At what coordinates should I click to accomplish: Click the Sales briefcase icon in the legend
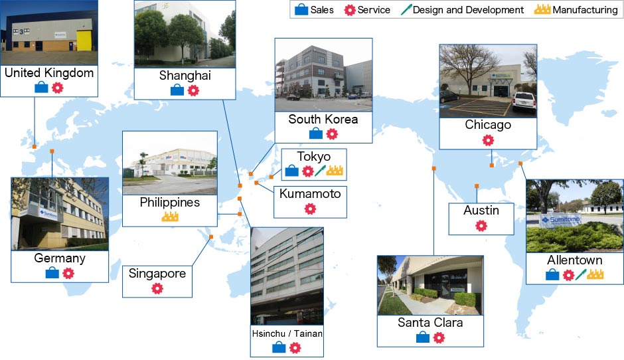(301, 9)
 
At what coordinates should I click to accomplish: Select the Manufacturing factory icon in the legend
(542, 9)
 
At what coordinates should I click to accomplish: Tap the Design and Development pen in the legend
(406, 9)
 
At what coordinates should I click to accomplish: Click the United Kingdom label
(49, 73)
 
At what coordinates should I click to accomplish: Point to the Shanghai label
(185, 75)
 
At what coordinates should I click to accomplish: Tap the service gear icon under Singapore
(157, 288)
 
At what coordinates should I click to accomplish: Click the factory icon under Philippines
(170, 217)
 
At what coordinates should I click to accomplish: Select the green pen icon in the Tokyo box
(321, 171)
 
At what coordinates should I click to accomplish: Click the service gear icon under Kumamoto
(310, 209)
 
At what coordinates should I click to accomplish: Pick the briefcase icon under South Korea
(316, 134)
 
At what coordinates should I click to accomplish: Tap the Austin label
(481, 210)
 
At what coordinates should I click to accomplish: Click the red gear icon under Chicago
(488, 139)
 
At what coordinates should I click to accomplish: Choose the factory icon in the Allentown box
(595, 274)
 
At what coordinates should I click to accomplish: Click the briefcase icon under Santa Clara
(423, 337)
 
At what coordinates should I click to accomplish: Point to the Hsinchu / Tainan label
(287, 333)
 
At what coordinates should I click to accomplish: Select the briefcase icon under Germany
(52, 273)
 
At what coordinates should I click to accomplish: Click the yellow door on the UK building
(84, 41)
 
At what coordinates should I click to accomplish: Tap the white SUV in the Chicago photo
(524, 102)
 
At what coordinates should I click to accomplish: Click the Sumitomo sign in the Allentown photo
(560, 220)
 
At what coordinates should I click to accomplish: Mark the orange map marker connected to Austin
(477, 186)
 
